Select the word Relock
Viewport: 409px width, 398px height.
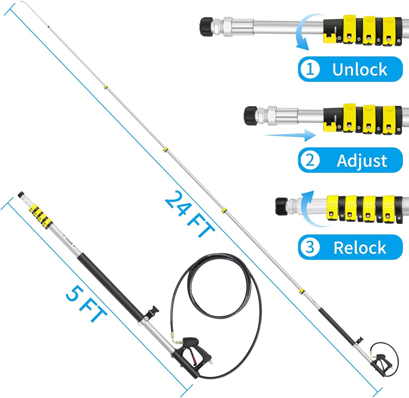click(x=360, y=248)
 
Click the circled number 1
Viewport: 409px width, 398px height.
click(x=310, y=69)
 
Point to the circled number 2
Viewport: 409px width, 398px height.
click(x=310, y=160)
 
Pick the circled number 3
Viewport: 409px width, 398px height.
click(x=310, y=247)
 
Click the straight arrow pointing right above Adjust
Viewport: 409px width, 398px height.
click(x=290, y=135)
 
